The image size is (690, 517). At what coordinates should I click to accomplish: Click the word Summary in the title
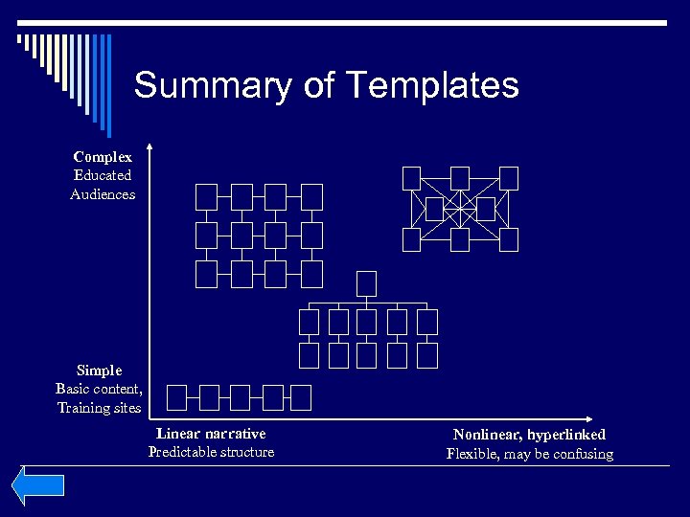[x=198, y=86]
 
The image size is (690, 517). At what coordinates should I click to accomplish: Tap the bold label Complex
[x=103, y=156]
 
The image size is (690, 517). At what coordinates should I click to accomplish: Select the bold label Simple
[x=100, y=370]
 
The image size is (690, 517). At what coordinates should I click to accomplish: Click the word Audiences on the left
[x=103, y=194]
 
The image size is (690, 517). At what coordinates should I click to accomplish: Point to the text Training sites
[x=100, y=408]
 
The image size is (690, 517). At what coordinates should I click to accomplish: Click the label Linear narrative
[x=211, y=434]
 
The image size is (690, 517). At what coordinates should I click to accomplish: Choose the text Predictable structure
[x=211, y=452]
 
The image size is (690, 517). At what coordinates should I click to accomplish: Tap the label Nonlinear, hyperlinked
[x=529, y=435]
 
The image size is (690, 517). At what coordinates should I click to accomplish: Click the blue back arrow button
[x=37, y=485]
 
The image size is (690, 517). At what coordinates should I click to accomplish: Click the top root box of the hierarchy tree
[x=367, y=283]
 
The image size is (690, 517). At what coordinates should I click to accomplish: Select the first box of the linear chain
[x=177, y=396]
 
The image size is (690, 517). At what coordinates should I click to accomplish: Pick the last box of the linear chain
[x=301, y=396]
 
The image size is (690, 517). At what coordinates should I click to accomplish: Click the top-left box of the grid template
[x=207, y=196]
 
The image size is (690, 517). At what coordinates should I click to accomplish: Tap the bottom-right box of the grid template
[x=311, y=274]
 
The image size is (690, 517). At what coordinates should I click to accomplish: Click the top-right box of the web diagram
[x=508, y=178]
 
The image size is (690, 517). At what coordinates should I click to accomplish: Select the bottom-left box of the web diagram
[x=411, y=239]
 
